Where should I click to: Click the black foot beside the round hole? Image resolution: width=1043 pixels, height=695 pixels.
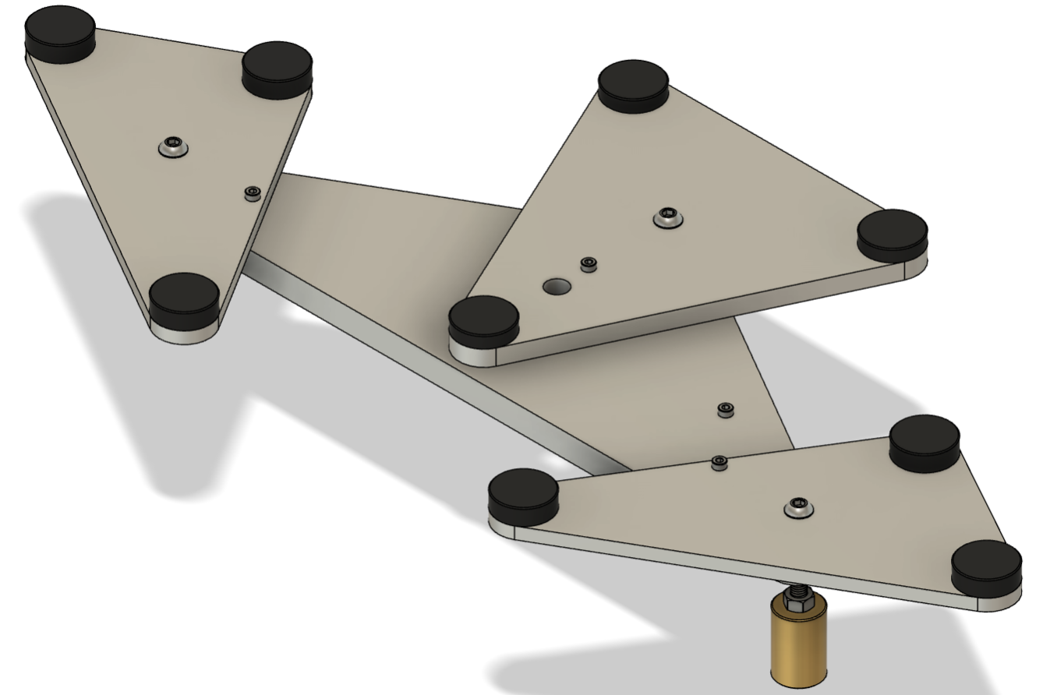[483, 322]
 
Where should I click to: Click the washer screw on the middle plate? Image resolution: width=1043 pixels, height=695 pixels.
[667, 217]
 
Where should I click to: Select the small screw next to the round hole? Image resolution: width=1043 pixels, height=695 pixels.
[589, 265]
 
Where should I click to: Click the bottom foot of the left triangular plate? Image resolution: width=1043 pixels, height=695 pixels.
[184, 299]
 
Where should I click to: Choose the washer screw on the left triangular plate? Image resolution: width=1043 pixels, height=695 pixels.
[172, 145]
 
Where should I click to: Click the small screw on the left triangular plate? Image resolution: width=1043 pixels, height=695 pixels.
[252, 193]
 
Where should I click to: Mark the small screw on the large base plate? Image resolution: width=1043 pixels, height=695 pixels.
[725, 409]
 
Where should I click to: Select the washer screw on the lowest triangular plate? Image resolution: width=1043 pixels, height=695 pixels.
[797, 506]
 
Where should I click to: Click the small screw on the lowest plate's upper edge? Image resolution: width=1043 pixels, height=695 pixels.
[719, 464]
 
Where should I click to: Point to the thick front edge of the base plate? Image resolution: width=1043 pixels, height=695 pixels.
[437, 366]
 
